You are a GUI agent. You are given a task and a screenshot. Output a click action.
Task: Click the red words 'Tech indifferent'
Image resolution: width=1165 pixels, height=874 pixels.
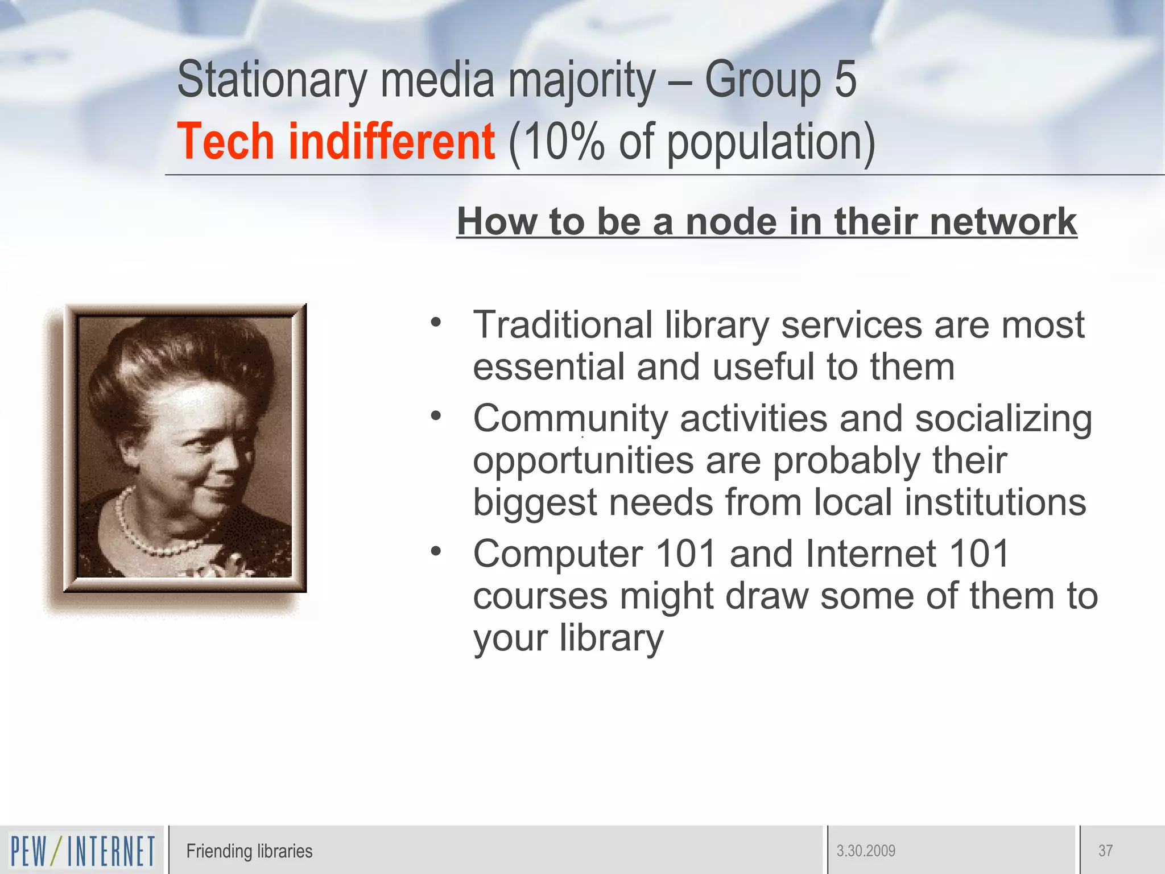point(336,142)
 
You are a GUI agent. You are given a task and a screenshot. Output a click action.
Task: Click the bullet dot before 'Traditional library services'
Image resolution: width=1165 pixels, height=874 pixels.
point(436,323)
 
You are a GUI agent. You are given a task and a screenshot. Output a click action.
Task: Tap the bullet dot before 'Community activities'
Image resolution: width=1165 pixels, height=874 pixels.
point(436,416)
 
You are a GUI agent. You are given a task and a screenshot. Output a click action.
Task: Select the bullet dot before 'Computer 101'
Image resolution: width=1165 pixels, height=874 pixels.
point(436,551)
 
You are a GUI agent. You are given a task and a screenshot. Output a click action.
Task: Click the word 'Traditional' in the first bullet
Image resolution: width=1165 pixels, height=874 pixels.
point(563,325)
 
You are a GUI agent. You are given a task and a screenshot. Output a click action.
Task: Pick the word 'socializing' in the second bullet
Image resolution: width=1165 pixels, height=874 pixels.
point(1003,419)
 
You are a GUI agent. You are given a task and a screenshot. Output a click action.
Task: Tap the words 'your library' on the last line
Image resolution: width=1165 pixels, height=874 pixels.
point(568,638)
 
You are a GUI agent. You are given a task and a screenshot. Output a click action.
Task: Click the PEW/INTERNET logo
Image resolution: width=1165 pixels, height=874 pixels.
point(82,851)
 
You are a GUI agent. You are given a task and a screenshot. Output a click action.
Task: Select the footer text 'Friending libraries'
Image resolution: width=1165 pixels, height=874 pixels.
point(249,851)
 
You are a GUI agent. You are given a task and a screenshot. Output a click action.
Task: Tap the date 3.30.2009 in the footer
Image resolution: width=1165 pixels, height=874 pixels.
point(866,851)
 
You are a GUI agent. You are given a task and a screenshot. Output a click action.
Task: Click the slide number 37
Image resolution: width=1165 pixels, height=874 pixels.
point(1105,851)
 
